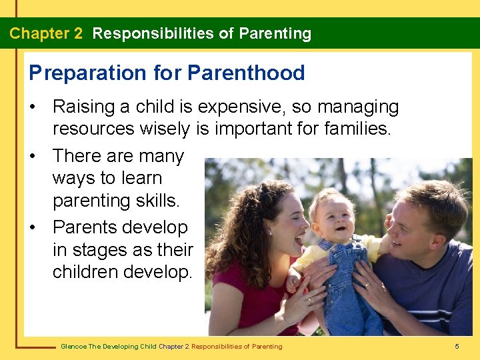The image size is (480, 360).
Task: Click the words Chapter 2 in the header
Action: tap(46, 33)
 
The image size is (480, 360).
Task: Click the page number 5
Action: tap(457, 347)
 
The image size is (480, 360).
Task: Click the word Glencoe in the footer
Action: tap(72, 347)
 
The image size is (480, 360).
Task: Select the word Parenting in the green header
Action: tap(275, 33)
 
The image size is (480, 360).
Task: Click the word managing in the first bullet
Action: tap(365, 107)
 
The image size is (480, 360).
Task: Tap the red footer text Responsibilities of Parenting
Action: tap(237, 347)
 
